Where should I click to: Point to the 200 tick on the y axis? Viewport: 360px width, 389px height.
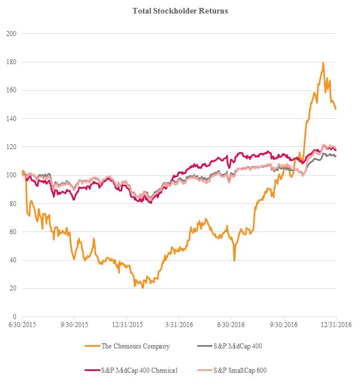click(11, 34)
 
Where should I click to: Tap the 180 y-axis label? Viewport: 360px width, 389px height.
click(11, 62)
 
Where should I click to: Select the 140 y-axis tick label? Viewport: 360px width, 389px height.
click(11, 118)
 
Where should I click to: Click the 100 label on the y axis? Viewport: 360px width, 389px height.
click(11, 175)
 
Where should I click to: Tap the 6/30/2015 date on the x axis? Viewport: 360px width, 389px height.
click(21, 325)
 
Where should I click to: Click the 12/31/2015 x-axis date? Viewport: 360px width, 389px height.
click(127, 325)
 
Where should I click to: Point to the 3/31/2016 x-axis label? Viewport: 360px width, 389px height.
click(179, 325)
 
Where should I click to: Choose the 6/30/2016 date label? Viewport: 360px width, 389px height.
click(232, 325)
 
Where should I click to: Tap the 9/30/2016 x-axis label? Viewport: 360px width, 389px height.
click(285, 325)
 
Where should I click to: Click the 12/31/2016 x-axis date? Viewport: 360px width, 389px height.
click(337, 325)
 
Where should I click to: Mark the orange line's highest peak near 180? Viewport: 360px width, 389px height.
click(323, 62)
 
